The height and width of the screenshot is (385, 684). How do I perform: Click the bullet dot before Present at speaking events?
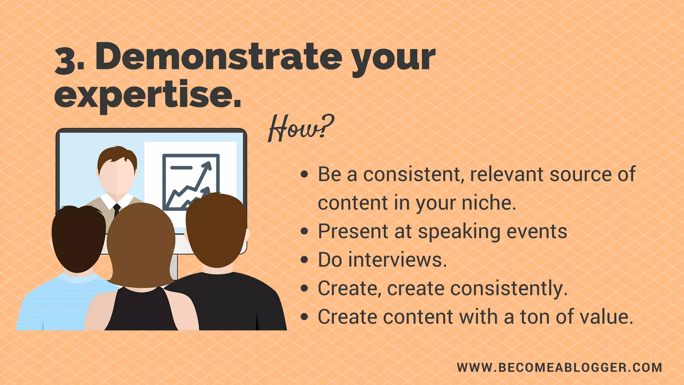(304, 231)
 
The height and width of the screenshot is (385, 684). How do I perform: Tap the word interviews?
(397, 260)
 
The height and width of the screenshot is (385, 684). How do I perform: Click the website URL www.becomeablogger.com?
(559, 368)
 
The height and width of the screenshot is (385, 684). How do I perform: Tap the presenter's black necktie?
(117, 209)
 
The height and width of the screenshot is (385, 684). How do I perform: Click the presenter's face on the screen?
(117, 177)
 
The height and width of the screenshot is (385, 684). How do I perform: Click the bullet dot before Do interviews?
(304, 260)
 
